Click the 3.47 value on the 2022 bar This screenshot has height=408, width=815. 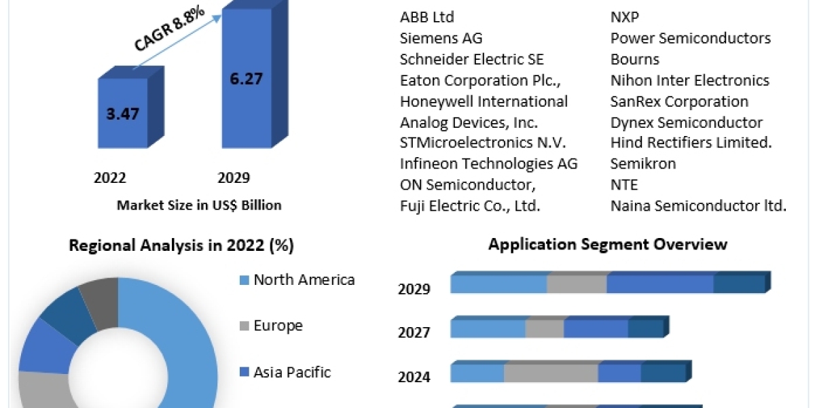122,114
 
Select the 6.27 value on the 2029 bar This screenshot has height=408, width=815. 245,78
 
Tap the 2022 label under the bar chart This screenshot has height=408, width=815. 109,178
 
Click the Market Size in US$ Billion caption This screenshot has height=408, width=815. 199,205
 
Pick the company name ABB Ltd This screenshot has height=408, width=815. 427,17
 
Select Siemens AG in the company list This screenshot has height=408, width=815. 441,38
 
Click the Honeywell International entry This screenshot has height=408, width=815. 484,101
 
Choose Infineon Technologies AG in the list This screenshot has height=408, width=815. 489,164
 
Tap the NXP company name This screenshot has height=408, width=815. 625,17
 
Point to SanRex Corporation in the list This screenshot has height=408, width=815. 679,101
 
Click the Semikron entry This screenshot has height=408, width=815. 643,164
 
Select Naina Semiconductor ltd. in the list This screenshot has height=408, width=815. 698,205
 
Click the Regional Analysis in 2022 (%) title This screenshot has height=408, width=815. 181,246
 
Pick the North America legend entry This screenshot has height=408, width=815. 304,279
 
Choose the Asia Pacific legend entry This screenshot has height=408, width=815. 292,372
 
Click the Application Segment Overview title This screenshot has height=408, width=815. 608,244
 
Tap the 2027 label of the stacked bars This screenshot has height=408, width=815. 414,333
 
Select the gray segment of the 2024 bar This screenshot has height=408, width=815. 551,373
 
